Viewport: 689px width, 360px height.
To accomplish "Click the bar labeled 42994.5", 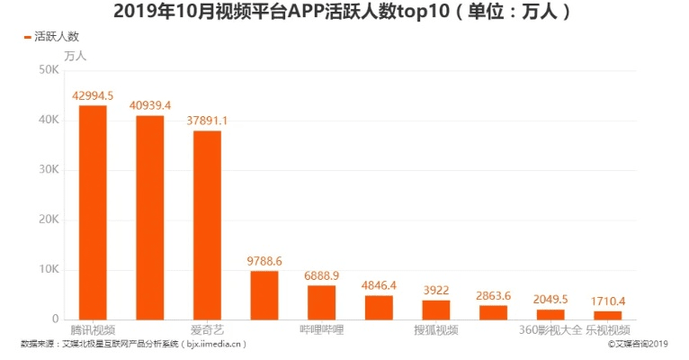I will click(x=93, y=212).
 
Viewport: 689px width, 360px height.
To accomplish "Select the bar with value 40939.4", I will click(x=149, y=217).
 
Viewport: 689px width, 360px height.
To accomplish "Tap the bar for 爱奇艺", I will click(x=207, y=225).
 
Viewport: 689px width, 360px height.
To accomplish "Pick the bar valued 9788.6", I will click(x=264, y=295).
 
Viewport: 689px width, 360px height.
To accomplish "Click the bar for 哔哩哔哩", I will click(x=321, y=302).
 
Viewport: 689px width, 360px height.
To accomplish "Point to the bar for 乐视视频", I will click(x=607, y=315).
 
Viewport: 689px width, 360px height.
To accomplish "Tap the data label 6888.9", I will click(x=321, y=275).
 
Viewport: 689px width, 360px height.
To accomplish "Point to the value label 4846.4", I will click(x=379, y=285).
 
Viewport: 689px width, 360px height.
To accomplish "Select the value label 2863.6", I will click(x=493, y=295).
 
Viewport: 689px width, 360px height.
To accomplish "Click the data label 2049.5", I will click(x=550, y=300).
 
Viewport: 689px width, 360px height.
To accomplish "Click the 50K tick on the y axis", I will click(x=49, y=71).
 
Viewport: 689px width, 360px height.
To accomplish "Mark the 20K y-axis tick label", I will click(x=49, y=220).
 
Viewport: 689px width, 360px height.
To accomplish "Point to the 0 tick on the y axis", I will click(x=54, y=319).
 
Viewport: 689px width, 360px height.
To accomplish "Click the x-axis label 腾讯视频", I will click(x=93, y=330).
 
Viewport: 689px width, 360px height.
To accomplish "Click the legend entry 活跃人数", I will click(x=51, y=37).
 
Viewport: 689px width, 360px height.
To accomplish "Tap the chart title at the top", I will click(x=344, y=13).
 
